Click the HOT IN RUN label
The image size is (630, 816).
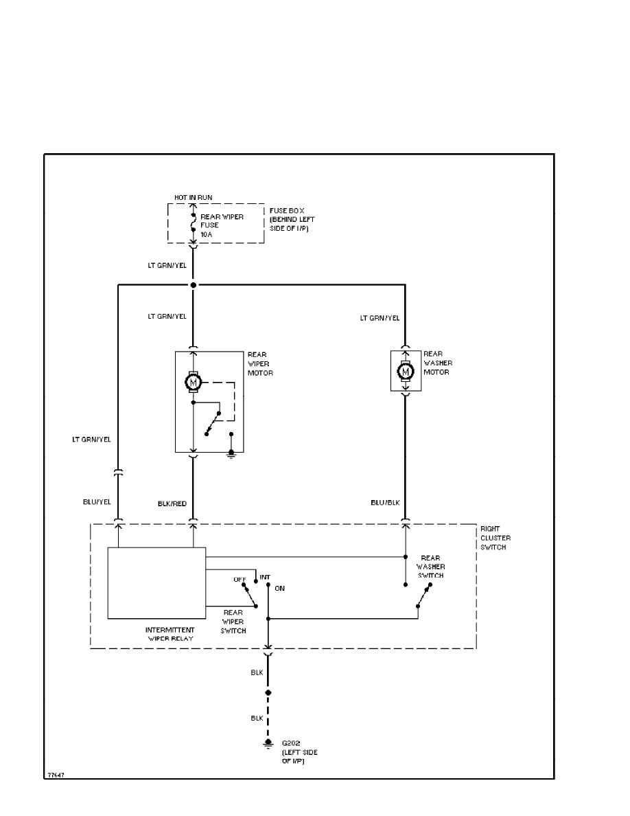[x=193, y=197]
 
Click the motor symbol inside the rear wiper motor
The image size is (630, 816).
[x=193, y=381]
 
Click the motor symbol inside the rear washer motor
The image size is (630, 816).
[x=406, y=372]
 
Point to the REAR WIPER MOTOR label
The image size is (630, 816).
[x=260, y=364]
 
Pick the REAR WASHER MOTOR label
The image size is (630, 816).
[x=438, y=363]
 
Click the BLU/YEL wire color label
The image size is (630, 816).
[x=96, y=503]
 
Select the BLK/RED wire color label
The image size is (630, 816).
[x=172, y=503]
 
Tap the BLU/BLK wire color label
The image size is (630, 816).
[x=384, y=503]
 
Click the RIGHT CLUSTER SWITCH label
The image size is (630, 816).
[x=495, y=538]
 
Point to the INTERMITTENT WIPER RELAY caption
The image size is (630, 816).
[x=170, y=634]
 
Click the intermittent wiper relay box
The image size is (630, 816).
[x=156, y=583]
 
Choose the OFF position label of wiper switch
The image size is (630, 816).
[x=240, y=579]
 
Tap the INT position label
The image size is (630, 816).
[x=265, y=576]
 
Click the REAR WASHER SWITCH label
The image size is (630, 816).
[x=432, y=567]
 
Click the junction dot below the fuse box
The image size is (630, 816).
[x=193, y=284]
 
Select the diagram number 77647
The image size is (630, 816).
[x=56, y=775]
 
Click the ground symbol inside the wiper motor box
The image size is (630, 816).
[x=231, y=453]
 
